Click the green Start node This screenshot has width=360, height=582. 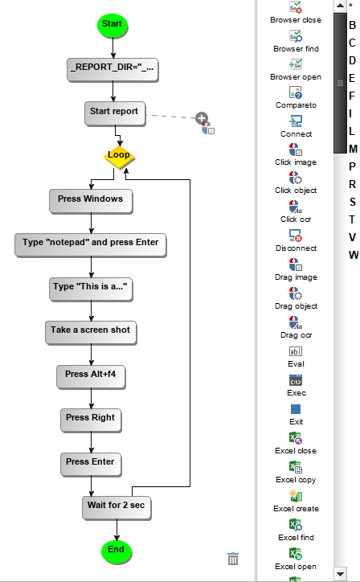click(112, 24)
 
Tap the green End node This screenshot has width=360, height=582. click(117, 551)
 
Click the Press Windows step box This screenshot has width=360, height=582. click(91, 202)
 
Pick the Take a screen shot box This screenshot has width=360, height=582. click(91, 333)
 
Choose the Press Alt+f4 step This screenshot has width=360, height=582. click(91, 377)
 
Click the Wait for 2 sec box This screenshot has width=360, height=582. click(117, 508)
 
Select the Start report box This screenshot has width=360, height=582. click(115, 114)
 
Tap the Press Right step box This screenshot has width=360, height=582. click(91, 420)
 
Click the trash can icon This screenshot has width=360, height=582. click(233, 559)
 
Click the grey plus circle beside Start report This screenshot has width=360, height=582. click(202, 118)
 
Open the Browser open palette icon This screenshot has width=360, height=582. click(296, 64)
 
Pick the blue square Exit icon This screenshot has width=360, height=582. click(296, 409)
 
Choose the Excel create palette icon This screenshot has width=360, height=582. click(296, 495)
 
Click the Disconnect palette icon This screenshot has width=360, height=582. click(296, 236)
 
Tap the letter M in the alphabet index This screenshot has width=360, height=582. click(353, 149)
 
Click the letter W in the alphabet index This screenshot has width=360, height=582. click(354, 255)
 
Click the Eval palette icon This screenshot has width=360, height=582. click(296, 351)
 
